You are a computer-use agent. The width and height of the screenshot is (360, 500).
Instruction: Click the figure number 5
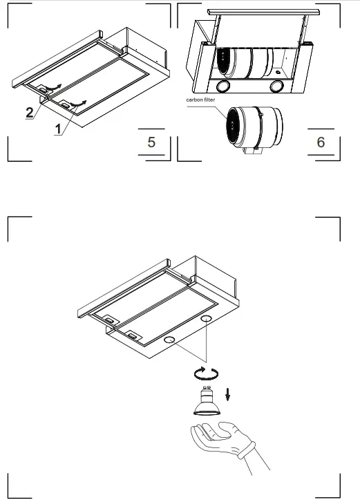click(151, 142)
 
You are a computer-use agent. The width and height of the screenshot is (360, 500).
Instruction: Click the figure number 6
click(320, 142)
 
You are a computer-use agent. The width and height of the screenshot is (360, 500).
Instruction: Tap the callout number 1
click(59, 129)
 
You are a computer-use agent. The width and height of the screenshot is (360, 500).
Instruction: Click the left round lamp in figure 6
click(224, 86)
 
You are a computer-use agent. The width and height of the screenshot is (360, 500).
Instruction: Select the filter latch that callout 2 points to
click(45, 89)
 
